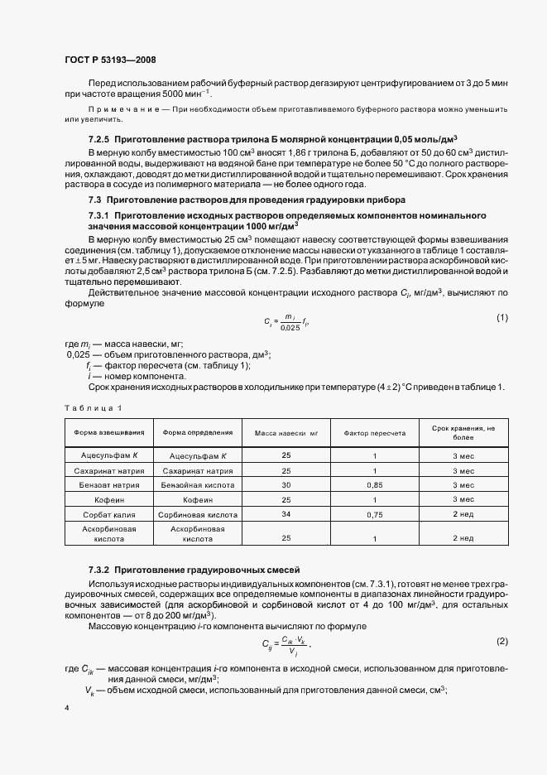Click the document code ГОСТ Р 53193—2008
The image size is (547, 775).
coord(109,60)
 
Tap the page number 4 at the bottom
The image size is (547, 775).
coord(65,708)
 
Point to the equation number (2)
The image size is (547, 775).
coord(501,642)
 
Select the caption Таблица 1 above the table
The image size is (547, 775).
coord(93,407)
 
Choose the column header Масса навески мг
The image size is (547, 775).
coord(285,432)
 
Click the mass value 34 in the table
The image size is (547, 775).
coord(285,514)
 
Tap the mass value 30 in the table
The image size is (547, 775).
coord(285,484)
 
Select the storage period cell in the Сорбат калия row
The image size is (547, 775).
coord(463,514)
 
